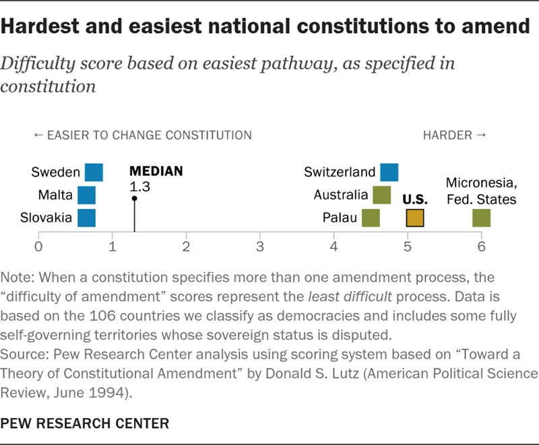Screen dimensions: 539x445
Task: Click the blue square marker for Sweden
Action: [94, 173]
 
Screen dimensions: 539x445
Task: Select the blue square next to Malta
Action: [87, 196]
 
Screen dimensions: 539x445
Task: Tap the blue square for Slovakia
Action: [87, 218]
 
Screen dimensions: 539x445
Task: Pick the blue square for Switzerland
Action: [389, 173]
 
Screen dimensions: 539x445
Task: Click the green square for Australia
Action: [382, 196]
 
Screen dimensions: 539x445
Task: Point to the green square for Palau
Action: [371, 218]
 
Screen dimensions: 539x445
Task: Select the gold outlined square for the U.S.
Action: [415, 218]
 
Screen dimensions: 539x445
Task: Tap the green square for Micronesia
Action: [481, 218]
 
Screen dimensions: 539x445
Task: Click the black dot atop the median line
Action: [134, 198]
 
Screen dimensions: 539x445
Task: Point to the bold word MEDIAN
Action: [156, 171]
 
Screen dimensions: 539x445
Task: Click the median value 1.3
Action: [139, 187]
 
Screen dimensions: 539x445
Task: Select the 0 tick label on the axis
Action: [38, 247]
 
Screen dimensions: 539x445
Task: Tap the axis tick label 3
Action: [260, 247]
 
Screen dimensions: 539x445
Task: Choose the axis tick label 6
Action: [481, 247]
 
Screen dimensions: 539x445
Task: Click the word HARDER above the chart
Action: [447, 135]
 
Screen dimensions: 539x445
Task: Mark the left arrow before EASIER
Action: [38, 135]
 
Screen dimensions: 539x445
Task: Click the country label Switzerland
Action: [340, 172]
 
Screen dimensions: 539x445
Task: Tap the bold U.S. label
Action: [415, 200]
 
